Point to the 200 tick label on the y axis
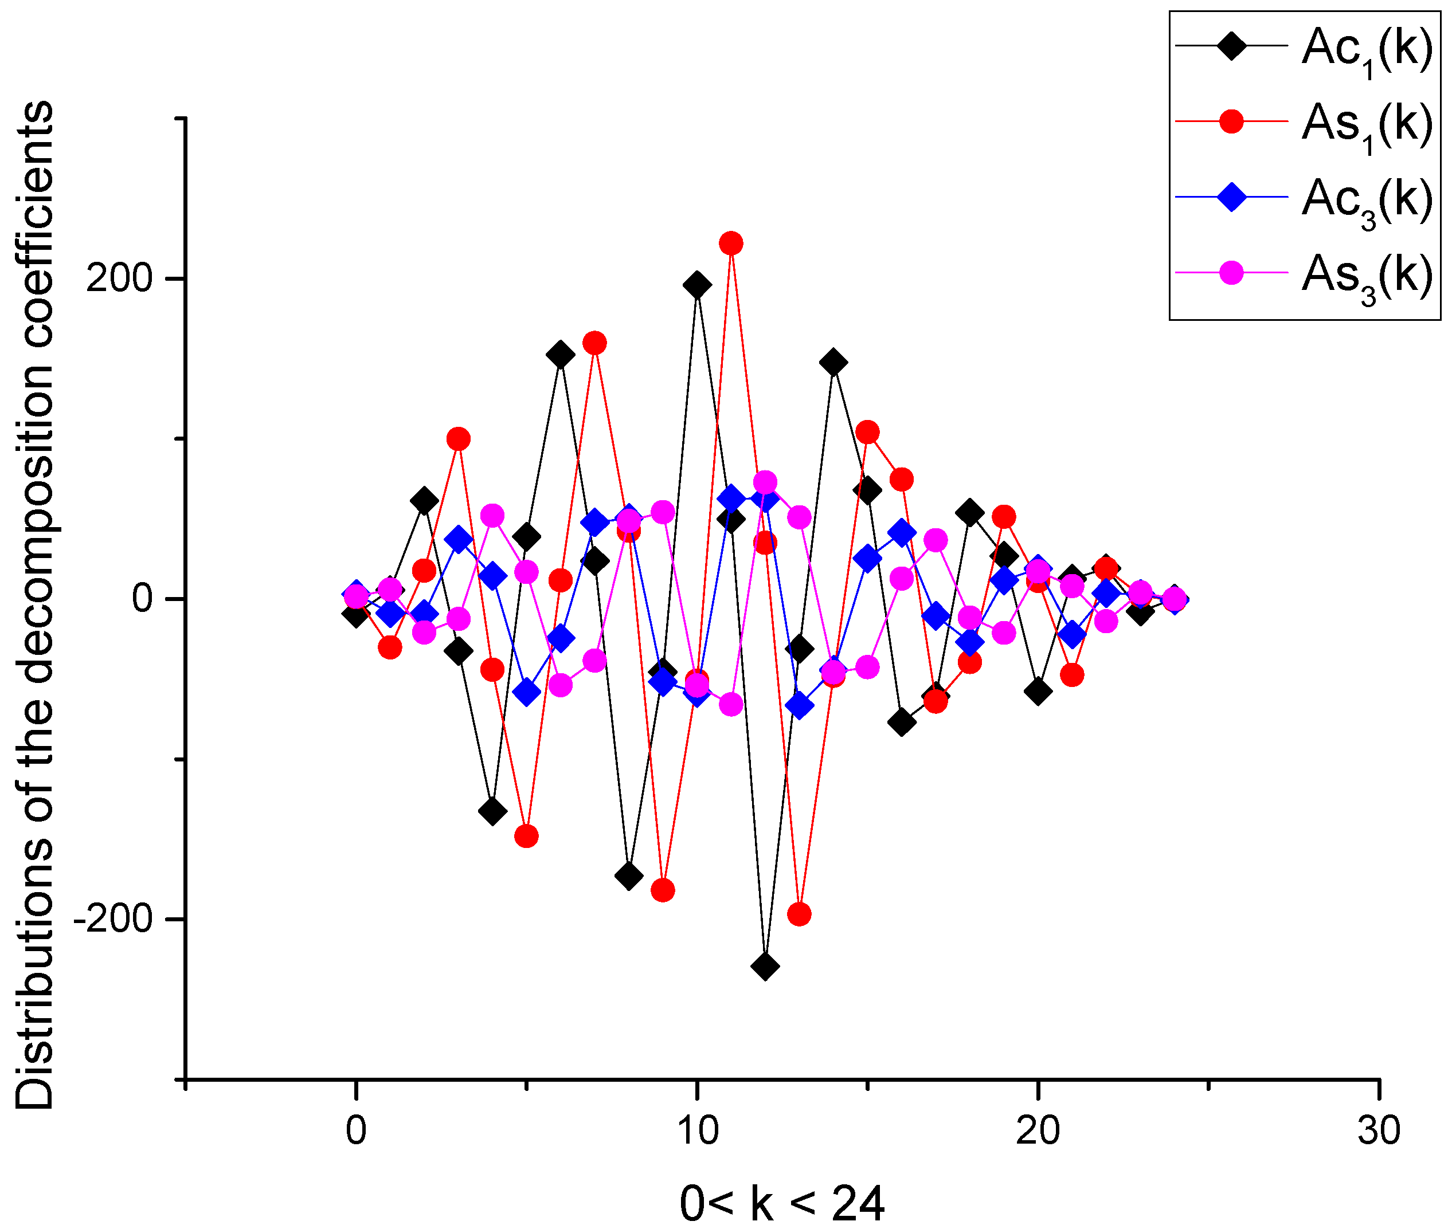119,278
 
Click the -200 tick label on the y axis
113,919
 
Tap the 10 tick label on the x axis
697,1130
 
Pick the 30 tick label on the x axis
1378,1130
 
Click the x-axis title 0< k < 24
781,1203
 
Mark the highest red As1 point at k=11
730,243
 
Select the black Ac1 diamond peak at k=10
697,285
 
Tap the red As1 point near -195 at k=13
799,913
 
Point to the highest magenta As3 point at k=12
765,482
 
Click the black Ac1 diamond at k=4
493,811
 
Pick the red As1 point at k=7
594,343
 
